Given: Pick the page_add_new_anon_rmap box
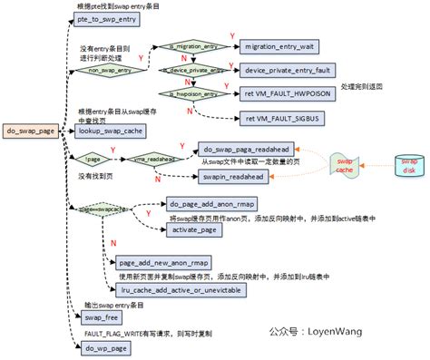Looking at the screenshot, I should pos(160,263).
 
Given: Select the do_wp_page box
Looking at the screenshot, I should pos(103,346).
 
